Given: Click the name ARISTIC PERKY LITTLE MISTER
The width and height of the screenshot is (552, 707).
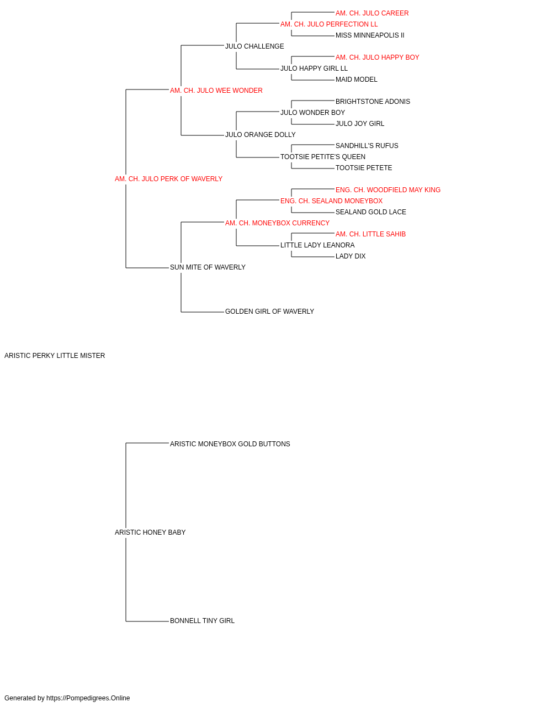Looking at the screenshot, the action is point(55,356).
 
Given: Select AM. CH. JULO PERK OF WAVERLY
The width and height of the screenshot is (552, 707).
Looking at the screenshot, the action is point(168,179).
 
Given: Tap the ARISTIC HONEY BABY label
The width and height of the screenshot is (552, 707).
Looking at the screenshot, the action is point(150,532).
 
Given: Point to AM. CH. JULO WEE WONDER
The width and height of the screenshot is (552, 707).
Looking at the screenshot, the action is point(216,91).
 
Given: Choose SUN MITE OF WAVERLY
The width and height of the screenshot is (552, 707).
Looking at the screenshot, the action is point(208,267).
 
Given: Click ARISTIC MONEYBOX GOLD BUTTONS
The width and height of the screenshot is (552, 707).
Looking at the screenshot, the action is point(230,444).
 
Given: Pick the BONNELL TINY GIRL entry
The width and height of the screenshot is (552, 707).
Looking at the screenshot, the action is point(202,621).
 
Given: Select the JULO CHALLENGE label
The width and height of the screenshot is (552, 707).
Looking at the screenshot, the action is point(254,46).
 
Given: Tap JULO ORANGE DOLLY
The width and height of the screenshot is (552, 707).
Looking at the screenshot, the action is point(261,135).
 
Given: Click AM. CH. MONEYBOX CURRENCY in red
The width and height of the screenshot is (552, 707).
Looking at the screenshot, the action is point(277,223).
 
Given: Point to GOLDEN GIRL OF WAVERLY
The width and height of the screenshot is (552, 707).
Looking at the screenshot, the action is point(269,312).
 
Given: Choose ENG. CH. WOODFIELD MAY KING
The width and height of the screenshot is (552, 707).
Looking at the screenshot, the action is point(388,190).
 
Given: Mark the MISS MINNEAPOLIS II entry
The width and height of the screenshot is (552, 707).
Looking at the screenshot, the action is point(370,35).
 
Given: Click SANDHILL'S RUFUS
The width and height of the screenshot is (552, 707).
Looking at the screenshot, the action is point(367,146).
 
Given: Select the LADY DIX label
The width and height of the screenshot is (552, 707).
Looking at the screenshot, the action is point(351,256).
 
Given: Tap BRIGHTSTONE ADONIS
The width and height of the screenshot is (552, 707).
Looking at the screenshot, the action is point(373,102).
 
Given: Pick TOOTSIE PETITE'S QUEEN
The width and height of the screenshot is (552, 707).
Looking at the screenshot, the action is point(323,157).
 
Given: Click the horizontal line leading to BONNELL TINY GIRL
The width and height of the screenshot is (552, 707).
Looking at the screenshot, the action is point(147,621).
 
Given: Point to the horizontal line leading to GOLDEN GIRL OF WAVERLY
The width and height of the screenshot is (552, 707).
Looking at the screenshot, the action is point(203,312).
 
